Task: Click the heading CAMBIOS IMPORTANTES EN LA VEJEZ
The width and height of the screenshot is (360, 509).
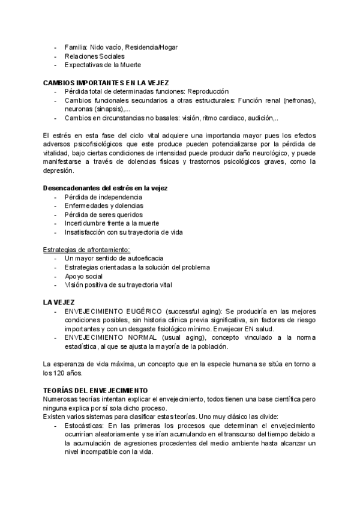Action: (x=106, y=82)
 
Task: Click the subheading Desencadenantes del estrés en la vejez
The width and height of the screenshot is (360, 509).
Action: (x=105, y=188)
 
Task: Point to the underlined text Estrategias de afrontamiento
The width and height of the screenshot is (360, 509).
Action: (x=86, y=249)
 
